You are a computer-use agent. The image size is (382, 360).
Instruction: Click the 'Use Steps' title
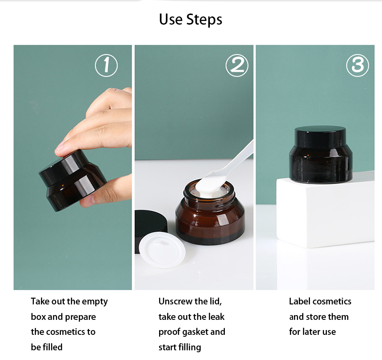(191, 19)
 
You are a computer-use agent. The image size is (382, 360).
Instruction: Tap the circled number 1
(106, 66)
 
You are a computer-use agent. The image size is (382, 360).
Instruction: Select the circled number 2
(237, 66)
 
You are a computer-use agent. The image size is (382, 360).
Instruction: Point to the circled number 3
(358, 66)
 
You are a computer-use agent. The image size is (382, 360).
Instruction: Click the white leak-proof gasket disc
(162, 250)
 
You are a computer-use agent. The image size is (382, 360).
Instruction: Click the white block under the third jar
(325, 212)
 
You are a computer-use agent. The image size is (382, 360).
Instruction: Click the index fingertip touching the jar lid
(61, 150)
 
